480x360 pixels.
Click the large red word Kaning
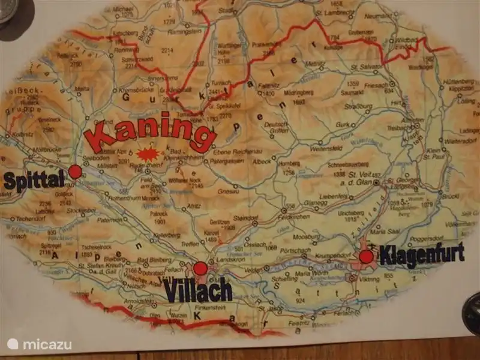tap(150, 133)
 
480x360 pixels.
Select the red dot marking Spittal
tap(75, 172)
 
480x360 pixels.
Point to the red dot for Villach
tap(200, 268)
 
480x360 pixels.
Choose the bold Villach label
tap(198, 292)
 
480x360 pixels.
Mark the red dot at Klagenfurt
tap(366, 257)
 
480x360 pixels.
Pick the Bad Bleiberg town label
tap(151, 260)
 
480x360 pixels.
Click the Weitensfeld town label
tap(326, 148)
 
